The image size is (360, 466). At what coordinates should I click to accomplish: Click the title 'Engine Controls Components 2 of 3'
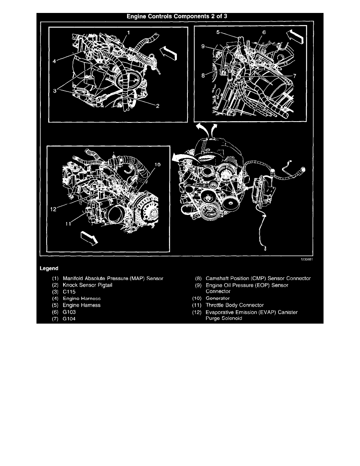tap(180, 17)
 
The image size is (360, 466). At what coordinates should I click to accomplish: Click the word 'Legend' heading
tap(49, 269)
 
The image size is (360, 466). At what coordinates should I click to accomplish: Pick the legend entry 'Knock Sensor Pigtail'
tap(87, 285)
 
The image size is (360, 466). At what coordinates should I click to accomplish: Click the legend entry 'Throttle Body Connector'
tap(235, 305)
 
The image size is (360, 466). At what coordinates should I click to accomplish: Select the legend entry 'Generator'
tap(218, 299)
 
